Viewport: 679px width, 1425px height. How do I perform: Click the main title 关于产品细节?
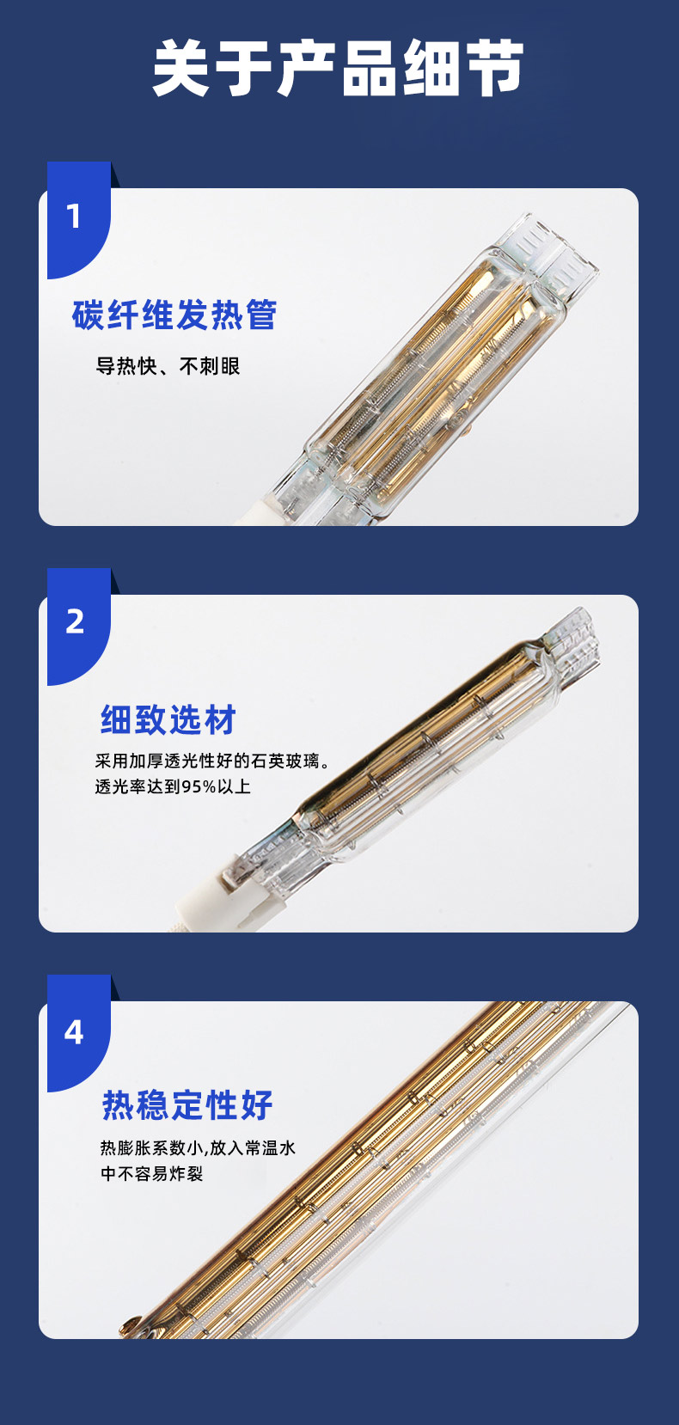338,68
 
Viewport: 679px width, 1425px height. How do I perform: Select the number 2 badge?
75,621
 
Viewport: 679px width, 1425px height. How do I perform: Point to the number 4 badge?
75,1032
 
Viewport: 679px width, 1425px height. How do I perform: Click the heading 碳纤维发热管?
174,315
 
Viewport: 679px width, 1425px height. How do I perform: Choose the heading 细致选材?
168,720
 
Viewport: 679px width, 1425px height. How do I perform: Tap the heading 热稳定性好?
187,1105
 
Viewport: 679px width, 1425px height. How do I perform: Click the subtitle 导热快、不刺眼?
168,366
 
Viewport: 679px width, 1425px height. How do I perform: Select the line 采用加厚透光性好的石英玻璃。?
212,761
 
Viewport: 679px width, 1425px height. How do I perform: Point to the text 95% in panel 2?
199,787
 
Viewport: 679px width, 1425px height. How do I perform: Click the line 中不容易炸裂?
152,1174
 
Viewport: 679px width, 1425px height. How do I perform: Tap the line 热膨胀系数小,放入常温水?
198,1147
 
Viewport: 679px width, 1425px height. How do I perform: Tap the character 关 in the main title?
182,68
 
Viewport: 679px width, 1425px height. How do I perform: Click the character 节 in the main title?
494,68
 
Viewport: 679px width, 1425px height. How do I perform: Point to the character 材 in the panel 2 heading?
221,720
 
